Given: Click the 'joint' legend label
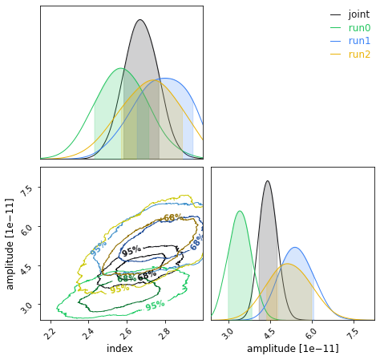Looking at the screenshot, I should coord(358,14).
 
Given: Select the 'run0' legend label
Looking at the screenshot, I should coord(359,28).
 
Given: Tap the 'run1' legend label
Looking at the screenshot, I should coord(359,41).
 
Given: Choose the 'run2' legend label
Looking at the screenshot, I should coord(359,55).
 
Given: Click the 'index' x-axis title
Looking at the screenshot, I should coord(120,349).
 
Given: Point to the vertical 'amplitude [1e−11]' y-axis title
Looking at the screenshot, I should coord(10,244).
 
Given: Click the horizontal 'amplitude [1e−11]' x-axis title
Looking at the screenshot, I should coord(293,349).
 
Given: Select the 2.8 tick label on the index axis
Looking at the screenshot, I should coord(164,333).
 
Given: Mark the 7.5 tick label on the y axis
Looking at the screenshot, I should coord(27,189).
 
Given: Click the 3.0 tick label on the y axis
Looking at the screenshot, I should coord(27,306).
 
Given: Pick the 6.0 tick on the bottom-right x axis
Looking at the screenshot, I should coord(310,333).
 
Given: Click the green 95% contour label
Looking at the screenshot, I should coord(155,305).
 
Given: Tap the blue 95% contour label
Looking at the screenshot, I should coord(98,249).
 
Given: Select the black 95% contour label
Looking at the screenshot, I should coord(131,251).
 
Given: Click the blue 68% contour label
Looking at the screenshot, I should coord(196,242).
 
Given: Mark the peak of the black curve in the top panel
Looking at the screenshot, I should coord(139,20).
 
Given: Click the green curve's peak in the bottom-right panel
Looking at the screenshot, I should coord(240,212).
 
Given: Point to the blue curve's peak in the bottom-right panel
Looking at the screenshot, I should coord(295,248).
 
